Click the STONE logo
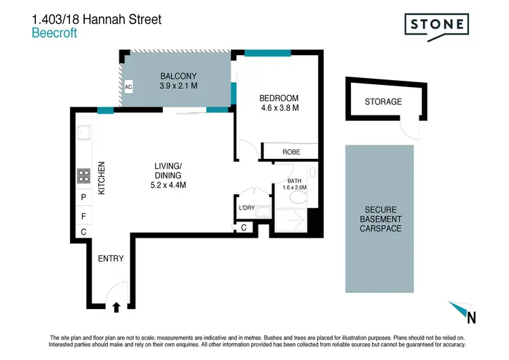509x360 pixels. (438, 25)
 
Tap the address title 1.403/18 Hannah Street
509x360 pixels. (97, 19)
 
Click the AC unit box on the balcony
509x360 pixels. (128, 87)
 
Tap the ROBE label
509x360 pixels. (291, 152)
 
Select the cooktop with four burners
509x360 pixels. (83, 175)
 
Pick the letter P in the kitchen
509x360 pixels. (83, 198)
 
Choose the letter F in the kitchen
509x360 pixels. (83, 216)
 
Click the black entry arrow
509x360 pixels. (115, 308)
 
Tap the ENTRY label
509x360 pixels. (111, 259)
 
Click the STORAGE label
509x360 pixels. (383, 102)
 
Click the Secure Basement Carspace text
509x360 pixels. (380, 219)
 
